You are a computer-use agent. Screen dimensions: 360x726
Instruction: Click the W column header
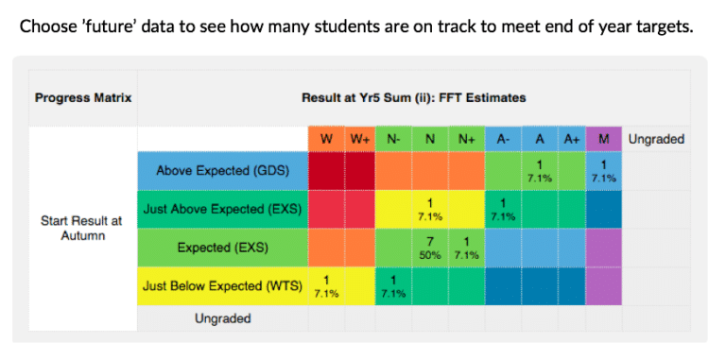326,139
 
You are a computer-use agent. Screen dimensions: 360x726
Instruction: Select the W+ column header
359,139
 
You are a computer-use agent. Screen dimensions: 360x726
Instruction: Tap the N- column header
392,139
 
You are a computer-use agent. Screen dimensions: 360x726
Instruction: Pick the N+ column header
465,139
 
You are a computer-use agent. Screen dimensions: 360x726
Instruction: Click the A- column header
503,139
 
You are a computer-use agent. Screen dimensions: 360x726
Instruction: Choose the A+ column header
571,139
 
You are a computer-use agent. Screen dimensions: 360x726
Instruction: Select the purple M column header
603,139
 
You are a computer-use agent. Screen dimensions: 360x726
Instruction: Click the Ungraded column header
655,139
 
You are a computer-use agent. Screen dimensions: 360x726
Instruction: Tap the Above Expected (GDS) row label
222,171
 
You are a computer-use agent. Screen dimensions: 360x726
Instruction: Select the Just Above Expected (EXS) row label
222,209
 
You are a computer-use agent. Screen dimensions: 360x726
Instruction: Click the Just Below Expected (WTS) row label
222,284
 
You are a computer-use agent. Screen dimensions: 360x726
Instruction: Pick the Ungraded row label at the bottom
222,318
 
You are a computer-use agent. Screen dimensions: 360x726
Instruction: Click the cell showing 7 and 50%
430,247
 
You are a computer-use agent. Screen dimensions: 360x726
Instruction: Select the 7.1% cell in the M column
603,171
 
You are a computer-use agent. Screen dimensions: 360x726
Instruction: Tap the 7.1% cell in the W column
326,285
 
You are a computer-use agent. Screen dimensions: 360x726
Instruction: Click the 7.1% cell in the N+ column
465,247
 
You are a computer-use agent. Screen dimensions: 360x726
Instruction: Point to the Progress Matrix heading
82,97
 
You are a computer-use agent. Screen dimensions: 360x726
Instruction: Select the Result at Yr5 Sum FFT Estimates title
413,97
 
